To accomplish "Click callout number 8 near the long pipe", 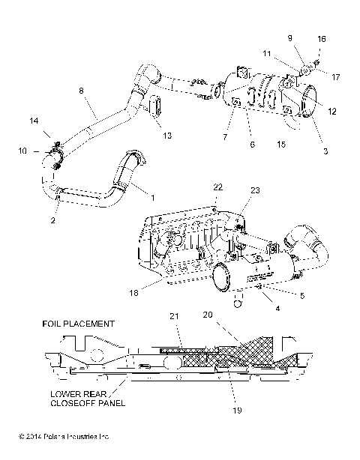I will (82, 91).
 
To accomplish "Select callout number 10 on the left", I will (21, 151).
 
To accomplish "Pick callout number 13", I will (167, 136).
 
